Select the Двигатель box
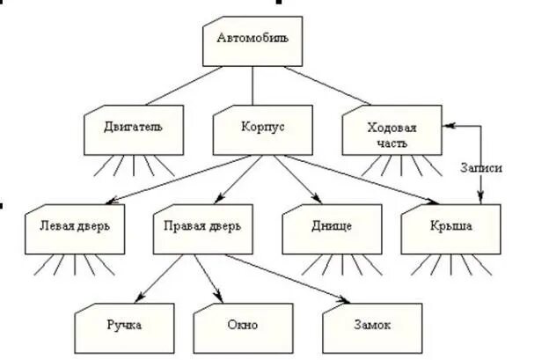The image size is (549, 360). pyautogui.click(x=135, y=127)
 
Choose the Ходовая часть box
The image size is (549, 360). pyautogui.click(x=392, y=133)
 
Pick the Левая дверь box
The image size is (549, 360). pyautogui.click(x=75, y=226)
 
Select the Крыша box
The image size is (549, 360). pyautogui.click(x=450, y=226)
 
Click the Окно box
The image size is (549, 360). pyautogui.click(x=243, y=325)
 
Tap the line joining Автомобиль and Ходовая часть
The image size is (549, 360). pyautogui.click(x=326, y=84)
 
